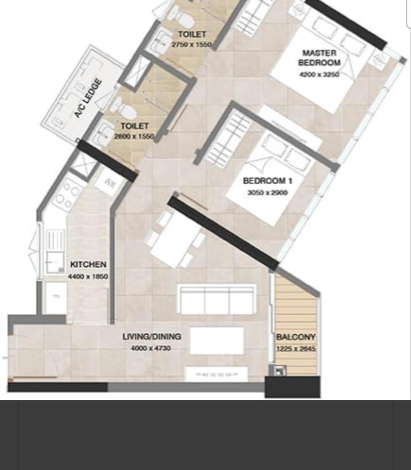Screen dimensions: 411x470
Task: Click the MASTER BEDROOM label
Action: (319, 58)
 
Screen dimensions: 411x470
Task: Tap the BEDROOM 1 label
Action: (268, 181)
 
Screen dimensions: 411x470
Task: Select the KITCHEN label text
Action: (88, 264)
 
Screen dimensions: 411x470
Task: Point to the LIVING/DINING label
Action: (151, 337)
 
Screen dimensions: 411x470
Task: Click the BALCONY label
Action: (296, 337)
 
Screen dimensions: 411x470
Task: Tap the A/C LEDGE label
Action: (88, 98)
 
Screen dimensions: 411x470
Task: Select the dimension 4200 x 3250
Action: (319, 74)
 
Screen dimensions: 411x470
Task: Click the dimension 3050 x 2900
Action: (268, 193)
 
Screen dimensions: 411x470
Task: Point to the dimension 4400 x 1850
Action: (88, 276)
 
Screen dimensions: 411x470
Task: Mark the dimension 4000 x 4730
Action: (151, 348)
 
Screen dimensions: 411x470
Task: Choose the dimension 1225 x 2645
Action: (296, 349)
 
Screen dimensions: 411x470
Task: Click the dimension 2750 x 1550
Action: (192, 44)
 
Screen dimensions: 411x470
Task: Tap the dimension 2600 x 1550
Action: (134, 136)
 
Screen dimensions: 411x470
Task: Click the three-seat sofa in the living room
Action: (216, 299)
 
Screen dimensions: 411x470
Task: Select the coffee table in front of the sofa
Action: (217, 341)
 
